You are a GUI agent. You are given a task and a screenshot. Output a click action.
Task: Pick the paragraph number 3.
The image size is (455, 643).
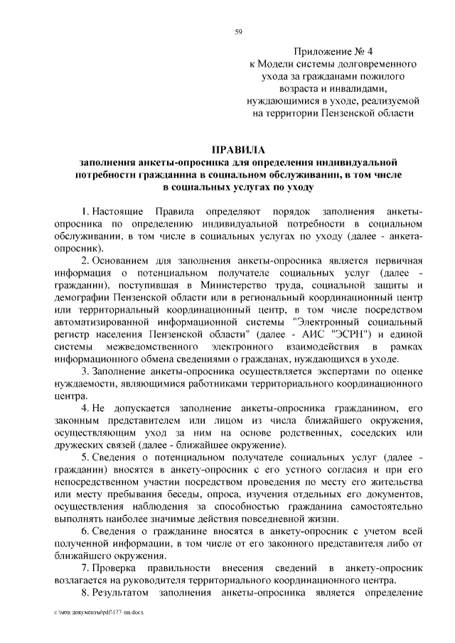click(x=84, y=372)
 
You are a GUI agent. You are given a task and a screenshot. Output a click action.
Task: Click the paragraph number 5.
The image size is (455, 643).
click(x=84, y=456)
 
